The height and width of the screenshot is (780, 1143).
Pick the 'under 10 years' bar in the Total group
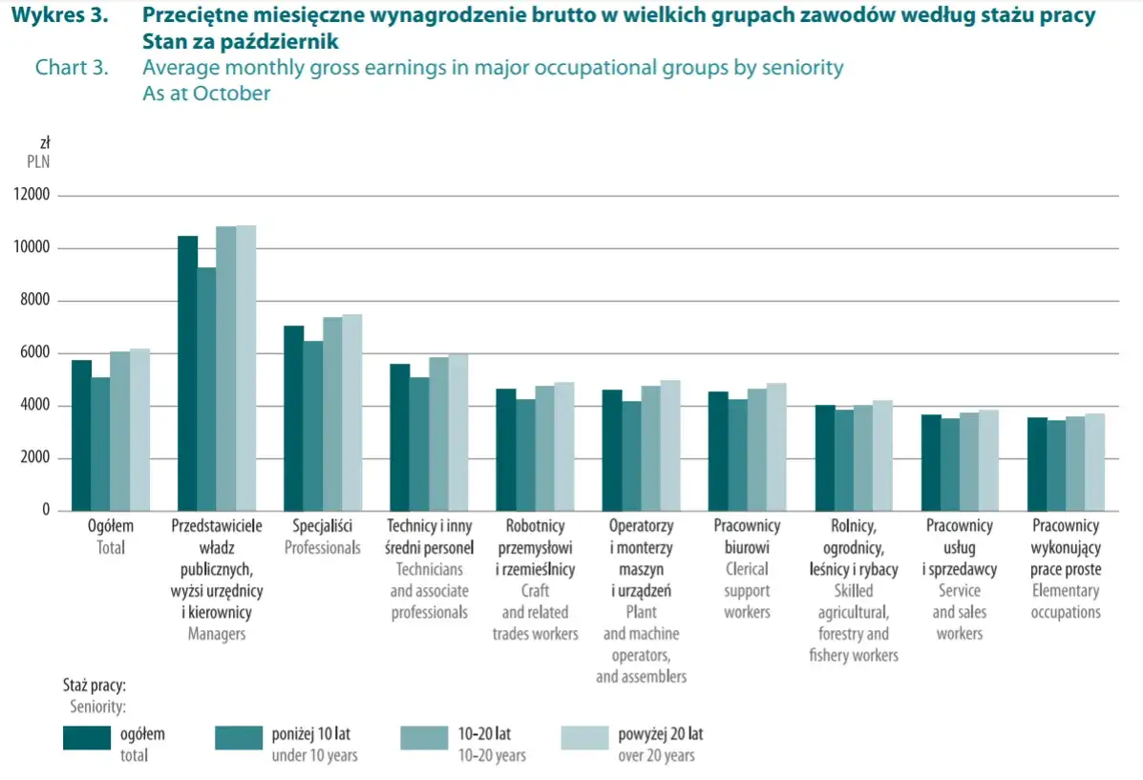click(100, 444)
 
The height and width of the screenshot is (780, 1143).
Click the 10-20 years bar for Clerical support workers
click(756, 450)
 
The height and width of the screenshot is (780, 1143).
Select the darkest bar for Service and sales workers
click(931, 463)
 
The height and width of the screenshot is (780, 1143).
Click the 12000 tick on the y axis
click(32, 196)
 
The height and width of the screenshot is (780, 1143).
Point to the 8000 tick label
click(35, 301)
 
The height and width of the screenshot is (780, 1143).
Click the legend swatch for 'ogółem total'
click(89, 738)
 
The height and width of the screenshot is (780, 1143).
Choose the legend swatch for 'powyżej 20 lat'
click(584, 738)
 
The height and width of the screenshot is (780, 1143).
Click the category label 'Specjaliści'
click(322, 526)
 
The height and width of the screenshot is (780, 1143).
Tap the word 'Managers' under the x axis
click(216, 634)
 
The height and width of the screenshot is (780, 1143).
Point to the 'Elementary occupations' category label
click(1066, 601)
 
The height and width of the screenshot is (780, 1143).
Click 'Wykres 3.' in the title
click(58, 15)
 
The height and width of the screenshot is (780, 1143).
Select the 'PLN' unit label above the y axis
click(38, 161)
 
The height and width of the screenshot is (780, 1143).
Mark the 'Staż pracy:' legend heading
click(95, 685)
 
